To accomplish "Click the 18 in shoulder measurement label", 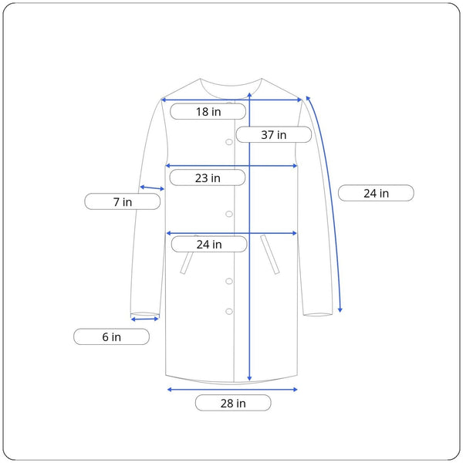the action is [x=208, y=112].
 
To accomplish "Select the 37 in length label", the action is [x=274, y=134].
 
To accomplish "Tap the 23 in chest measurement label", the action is [x=208, y=177].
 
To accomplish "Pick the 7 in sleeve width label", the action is [x=123, y=201].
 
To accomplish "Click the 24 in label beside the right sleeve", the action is [x=376, y=193].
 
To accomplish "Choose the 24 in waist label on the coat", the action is [x=209, y=244].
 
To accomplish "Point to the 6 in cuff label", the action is [x=111, y=336].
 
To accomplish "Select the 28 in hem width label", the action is [x=233, y=403].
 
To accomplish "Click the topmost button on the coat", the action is [x=229, y=142].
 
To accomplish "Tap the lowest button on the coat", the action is [x=229, y=311].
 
